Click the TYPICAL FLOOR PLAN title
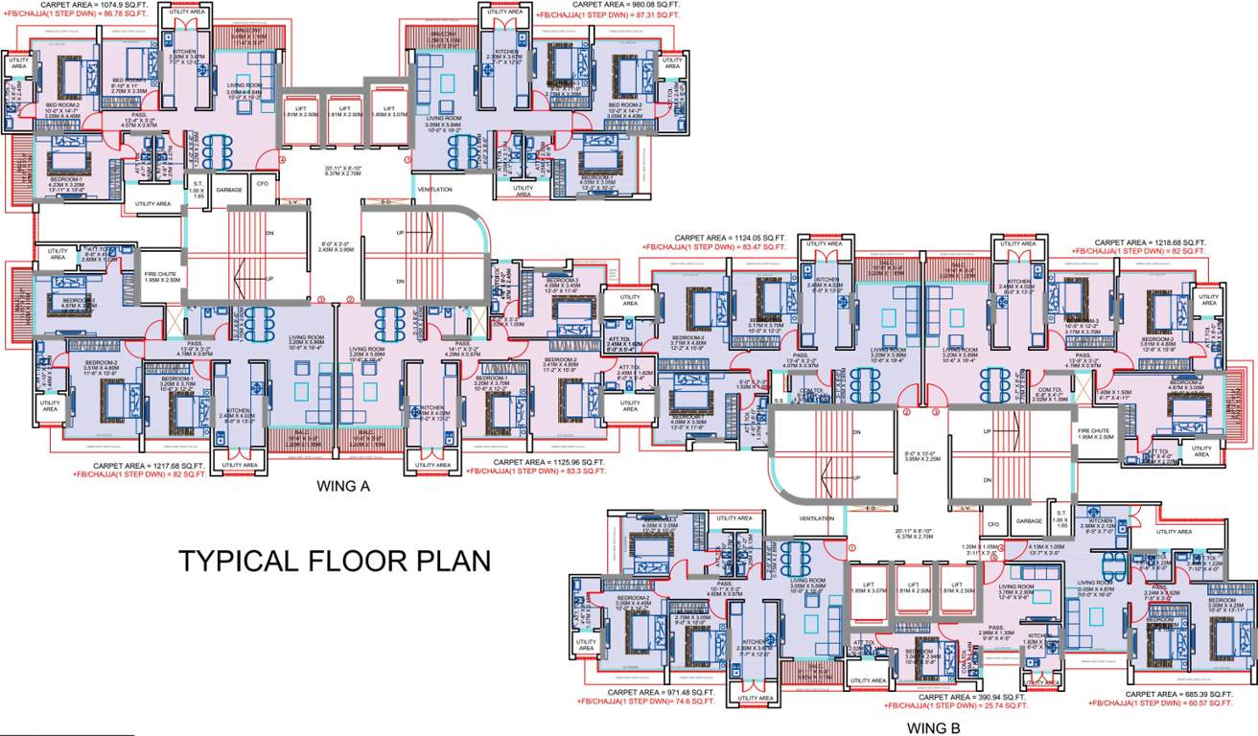tap(334, 561)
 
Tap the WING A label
tap(342, 487)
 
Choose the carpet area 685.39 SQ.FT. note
tap(1178, 694)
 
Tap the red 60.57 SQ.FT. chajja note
tap(1160, 703)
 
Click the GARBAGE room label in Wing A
tap(229, 190)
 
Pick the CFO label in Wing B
tap(993, 524)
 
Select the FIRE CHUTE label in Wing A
tap(162, 276)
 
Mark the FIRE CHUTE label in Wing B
tap(1095, 432)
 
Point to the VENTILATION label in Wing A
tap(434, 190)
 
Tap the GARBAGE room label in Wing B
tap(1029, 521)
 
